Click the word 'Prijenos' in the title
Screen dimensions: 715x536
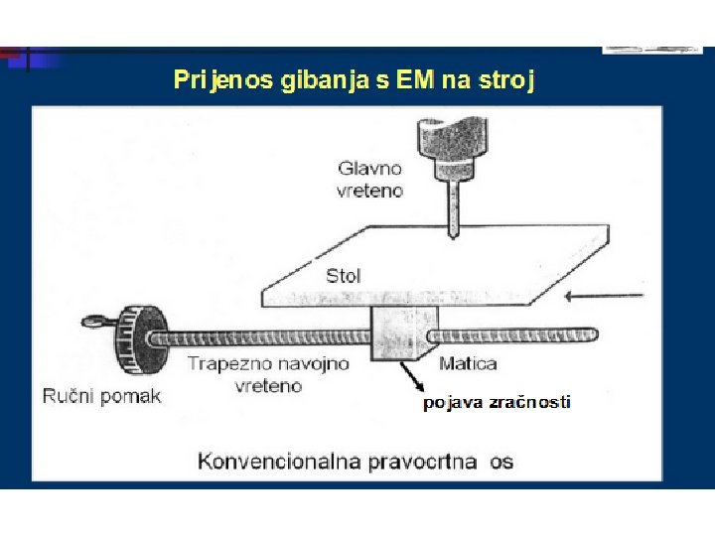(x=209, y=80)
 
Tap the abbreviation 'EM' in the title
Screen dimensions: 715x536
(x=415, y=80)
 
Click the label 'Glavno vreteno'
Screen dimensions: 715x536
(x=370, y=180)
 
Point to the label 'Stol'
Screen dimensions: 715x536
(x=344, y=275)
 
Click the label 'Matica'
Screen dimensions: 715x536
(x=467, y=363)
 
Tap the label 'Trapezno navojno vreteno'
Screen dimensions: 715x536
(x=268, y=374)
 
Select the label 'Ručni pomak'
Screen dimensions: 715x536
(x=101, y=396)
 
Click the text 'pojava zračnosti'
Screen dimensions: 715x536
(x=497, y=402)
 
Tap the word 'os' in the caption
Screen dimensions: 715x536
(x=500, y=461)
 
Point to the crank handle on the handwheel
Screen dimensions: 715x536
(x=95, y=321)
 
